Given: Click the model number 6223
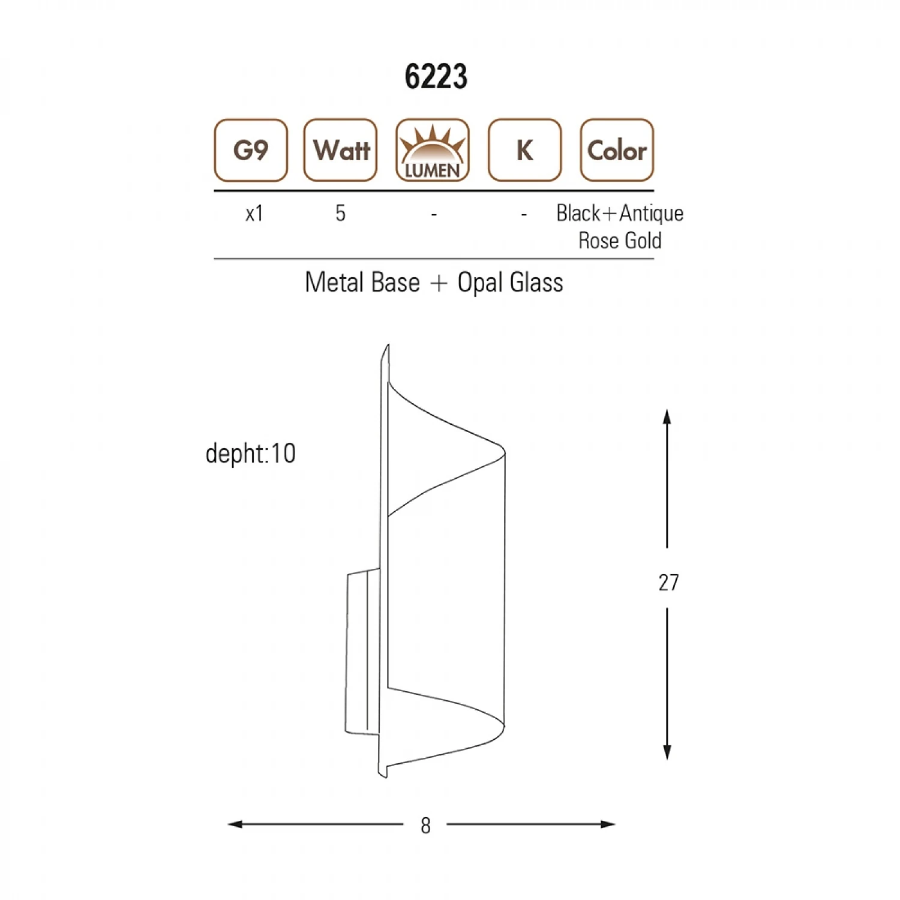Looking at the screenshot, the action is coord(436,77).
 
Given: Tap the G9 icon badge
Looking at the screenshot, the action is coord(251,150).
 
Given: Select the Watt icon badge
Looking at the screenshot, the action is coord(340,150).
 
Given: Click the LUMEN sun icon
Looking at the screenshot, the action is coord(433,150).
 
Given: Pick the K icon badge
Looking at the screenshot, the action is coord(524,150).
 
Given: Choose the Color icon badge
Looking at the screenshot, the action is coord(617,150).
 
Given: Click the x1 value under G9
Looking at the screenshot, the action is coord(254,214).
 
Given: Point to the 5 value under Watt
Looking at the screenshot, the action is coord(340,213).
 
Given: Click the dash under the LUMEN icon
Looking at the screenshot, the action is coord(434,214).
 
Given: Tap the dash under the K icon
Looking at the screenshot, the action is coord(524,214).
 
